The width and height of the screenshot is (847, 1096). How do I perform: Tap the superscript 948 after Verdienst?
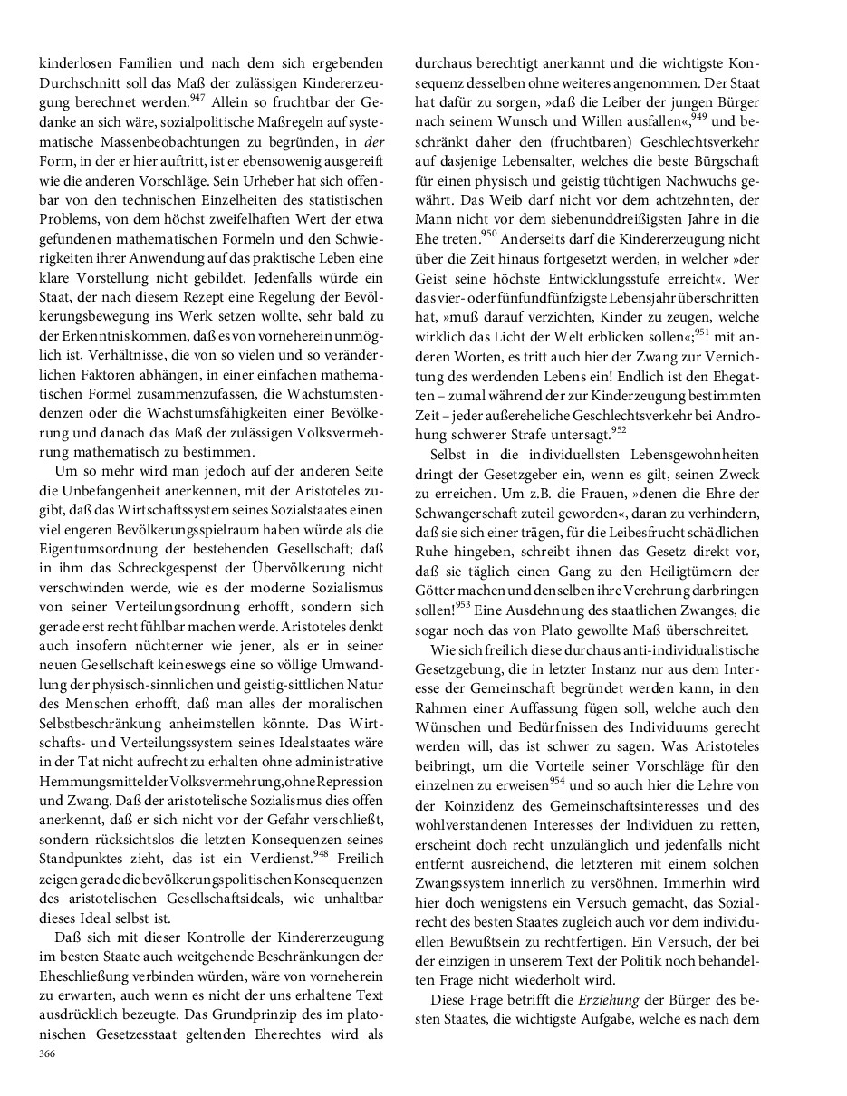point(321,853)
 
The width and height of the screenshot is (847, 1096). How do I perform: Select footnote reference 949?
point(698,115)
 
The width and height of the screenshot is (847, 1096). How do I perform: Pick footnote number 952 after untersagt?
point(619,429)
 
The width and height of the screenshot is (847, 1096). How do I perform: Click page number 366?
point(47,1053)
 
